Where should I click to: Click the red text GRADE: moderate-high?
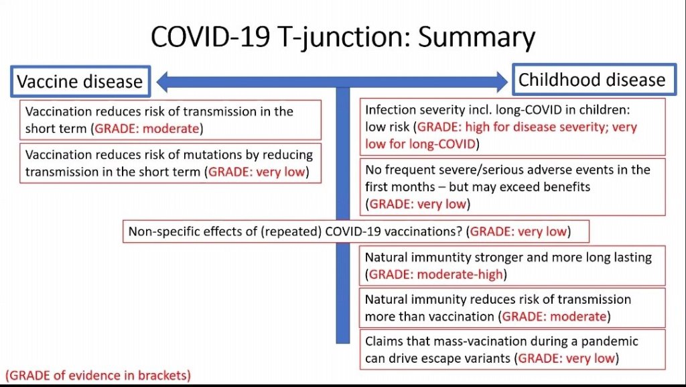(x=435, y=274)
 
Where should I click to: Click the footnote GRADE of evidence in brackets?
(x=98, y=376)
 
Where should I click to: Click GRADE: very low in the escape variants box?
(x=567, y=359)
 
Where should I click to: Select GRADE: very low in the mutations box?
(x=257, y=172)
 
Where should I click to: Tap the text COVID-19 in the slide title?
(x=210, y=37)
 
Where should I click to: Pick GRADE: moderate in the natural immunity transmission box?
(x=554, y=317)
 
